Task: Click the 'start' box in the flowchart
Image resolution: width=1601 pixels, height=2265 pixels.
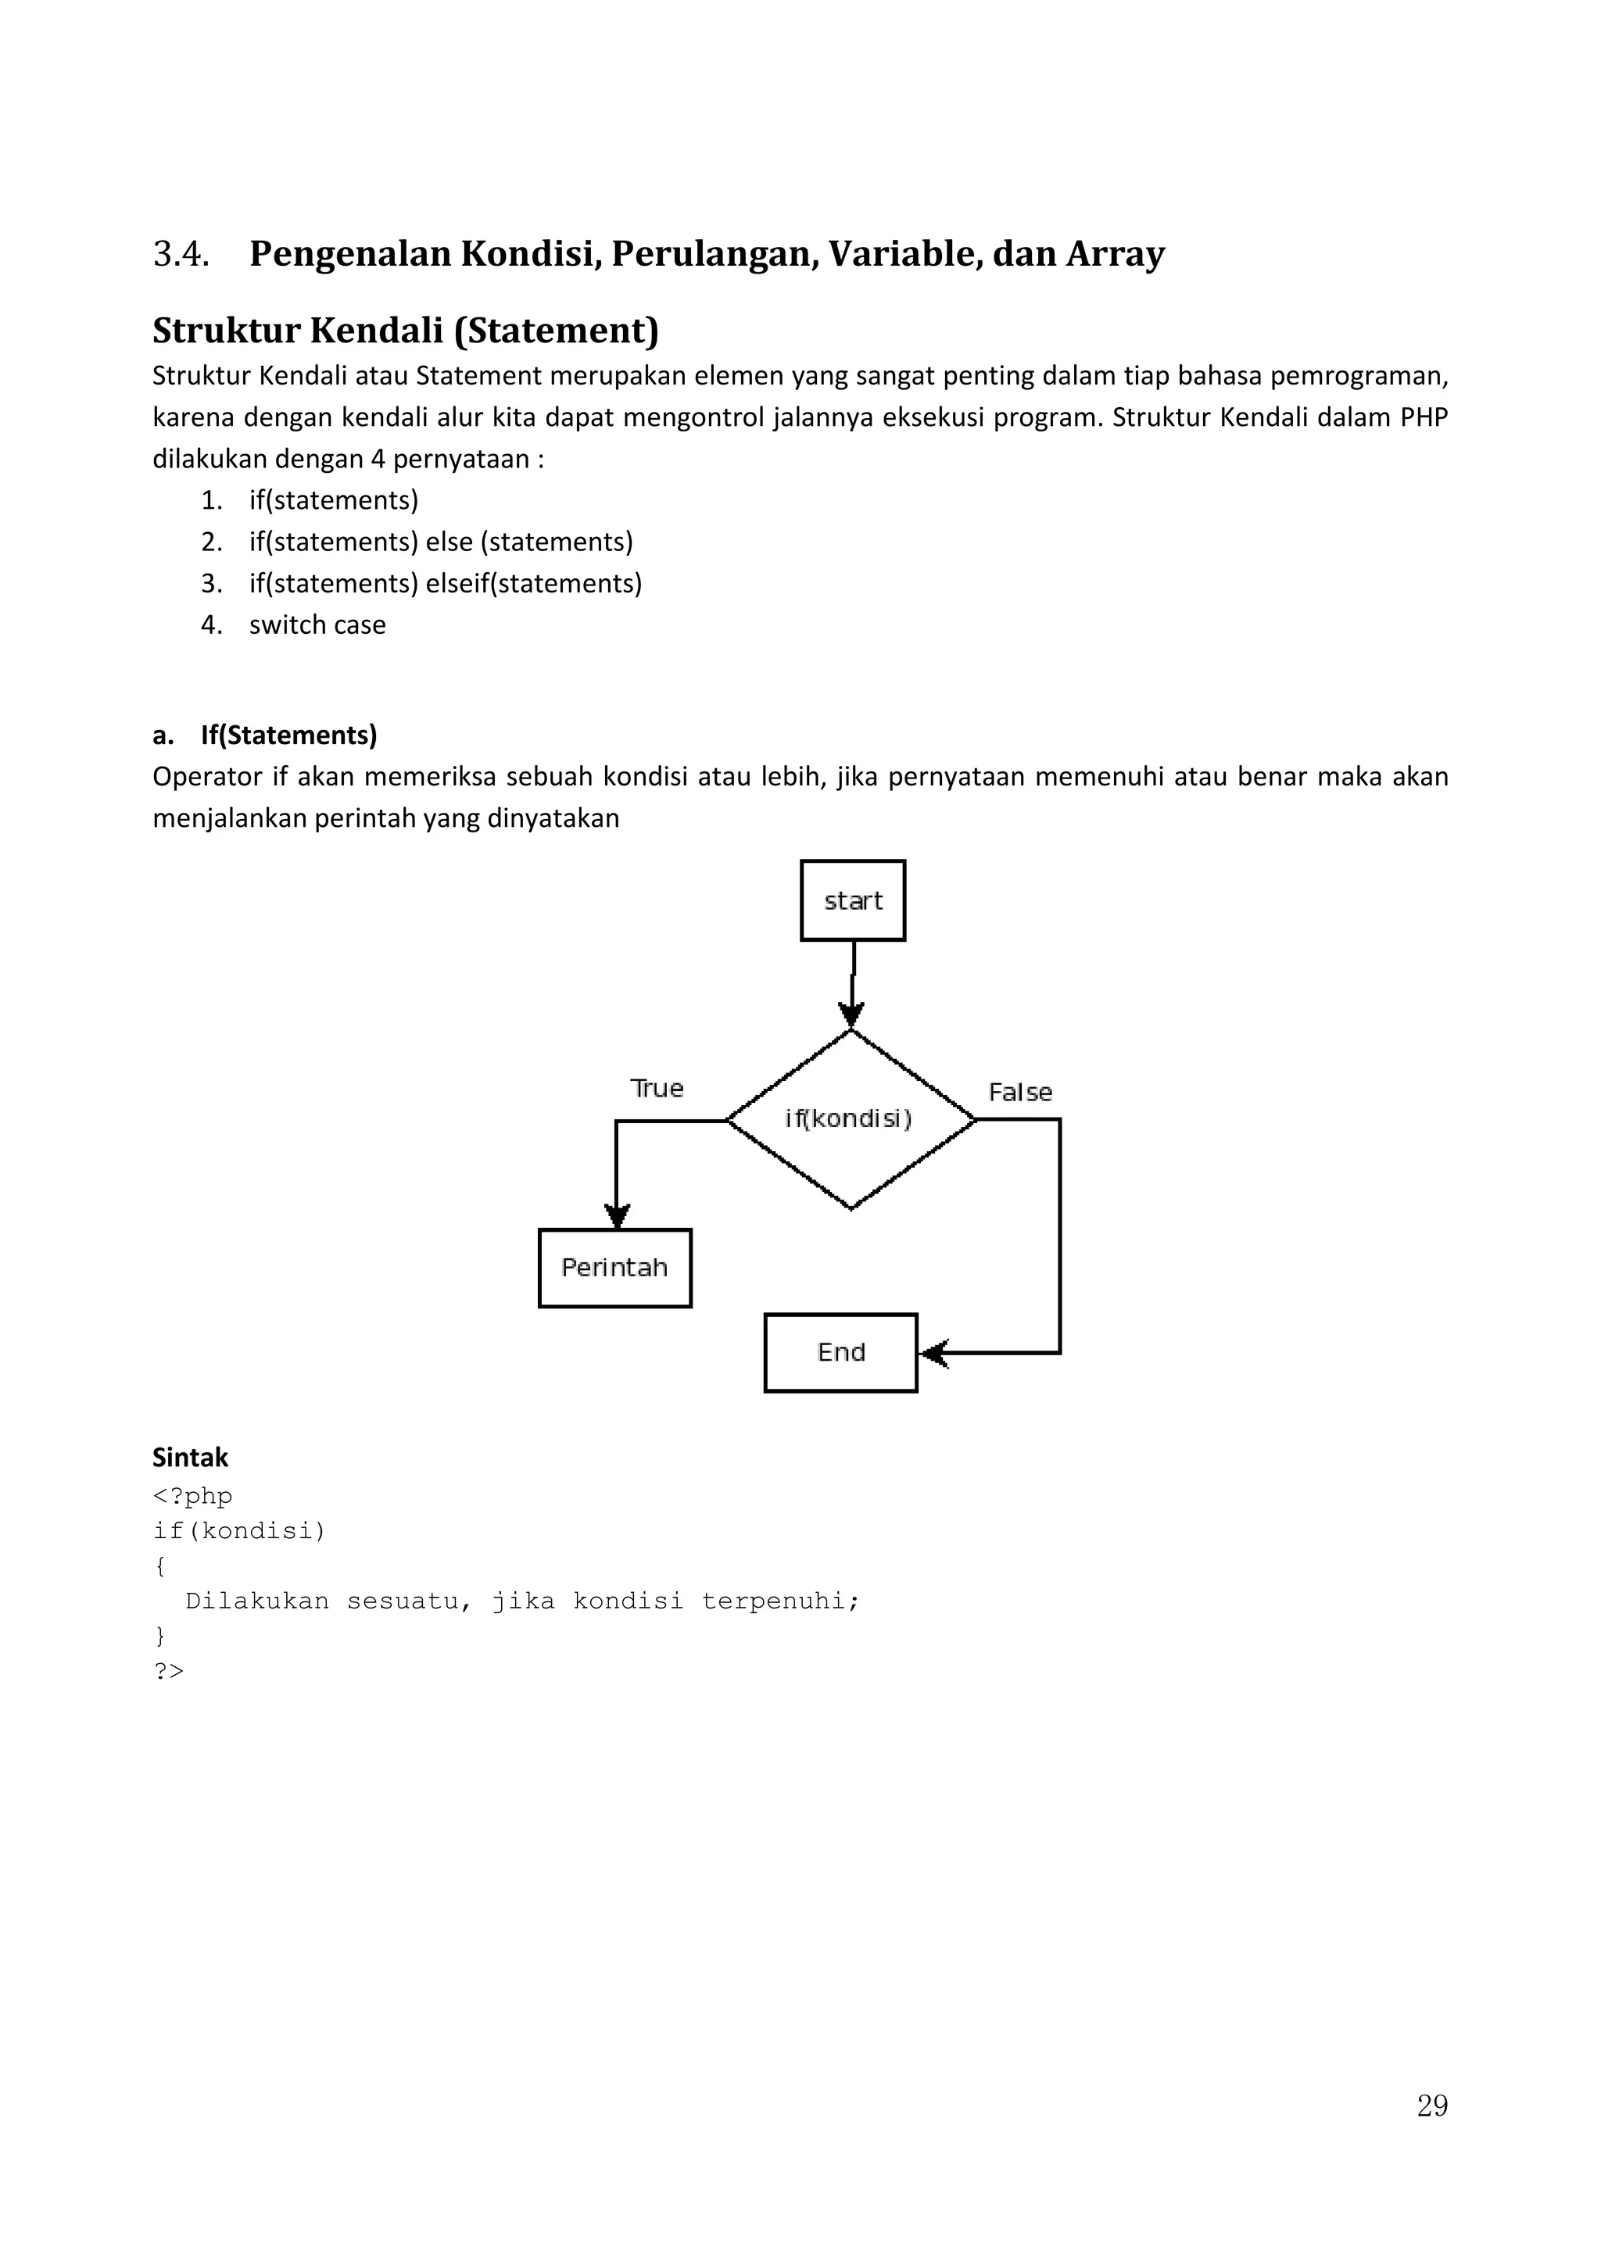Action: (x=852, y=900)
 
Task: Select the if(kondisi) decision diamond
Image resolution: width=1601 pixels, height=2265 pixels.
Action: (x=851, y=1118)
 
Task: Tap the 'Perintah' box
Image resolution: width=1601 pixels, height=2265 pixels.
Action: (x=614, y=1268)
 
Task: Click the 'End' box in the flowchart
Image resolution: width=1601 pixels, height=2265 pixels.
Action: (x=840, y=1352)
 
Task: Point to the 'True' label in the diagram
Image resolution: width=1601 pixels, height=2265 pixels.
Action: (x=657, y=1088)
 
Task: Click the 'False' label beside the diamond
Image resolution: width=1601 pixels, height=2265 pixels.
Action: (x=1020, y=1092)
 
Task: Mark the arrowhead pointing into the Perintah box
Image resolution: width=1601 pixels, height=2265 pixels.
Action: (x=617, y=1215)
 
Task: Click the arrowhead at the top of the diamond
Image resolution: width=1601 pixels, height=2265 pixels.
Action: (x=851, y=1014)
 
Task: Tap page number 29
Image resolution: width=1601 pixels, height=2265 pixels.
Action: (x=1431, y=2106)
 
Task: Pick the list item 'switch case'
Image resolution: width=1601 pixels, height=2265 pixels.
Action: (x=317, y=624)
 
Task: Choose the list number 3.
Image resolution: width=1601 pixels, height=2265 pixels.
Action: (x=211, y=583)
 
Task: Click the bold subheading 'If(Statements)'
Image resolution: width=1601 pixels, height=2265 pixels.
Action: (x=288, y=735)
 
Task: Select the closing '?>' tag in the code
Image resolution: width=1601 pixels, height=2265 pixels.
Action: (x=169, y=1670)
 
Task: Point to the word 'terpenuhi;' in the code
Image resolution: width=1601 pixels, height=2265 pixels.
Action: (x=780, y=1600)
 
